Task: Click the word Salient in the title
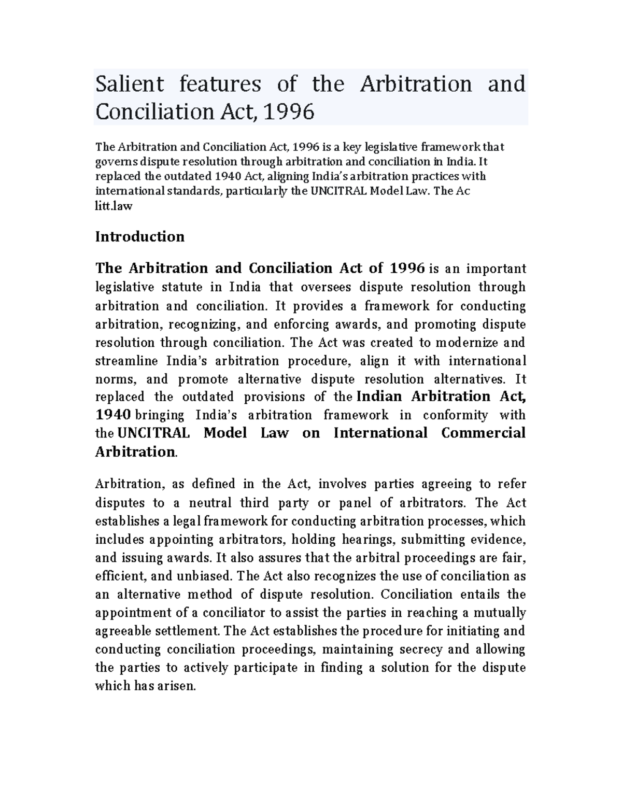pyautogui.click(x=129, y=84)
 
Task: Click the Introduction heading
pyautogui.click(x=140, y=237)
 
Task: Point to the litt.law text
pyautogui.click(x=114, y=206)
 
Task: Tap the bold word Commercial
pyautogui.click(x=483, y=433)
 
